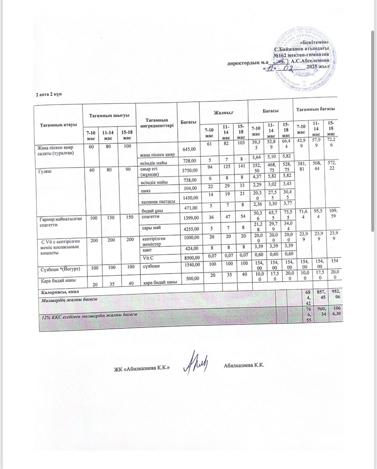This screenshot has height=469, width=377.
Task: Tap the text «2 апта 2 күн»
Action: point(49,94)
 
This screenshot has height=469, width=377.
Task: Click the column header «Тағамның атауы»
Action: point(58,124)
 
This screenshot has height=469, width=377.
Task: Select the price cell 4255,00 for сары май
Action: point(191,229)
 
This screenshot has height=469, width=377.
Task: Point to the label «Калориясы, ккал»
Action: point(57,292)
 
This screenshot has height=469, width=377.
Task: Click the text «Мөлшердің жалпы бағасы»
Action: point(70,299)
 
